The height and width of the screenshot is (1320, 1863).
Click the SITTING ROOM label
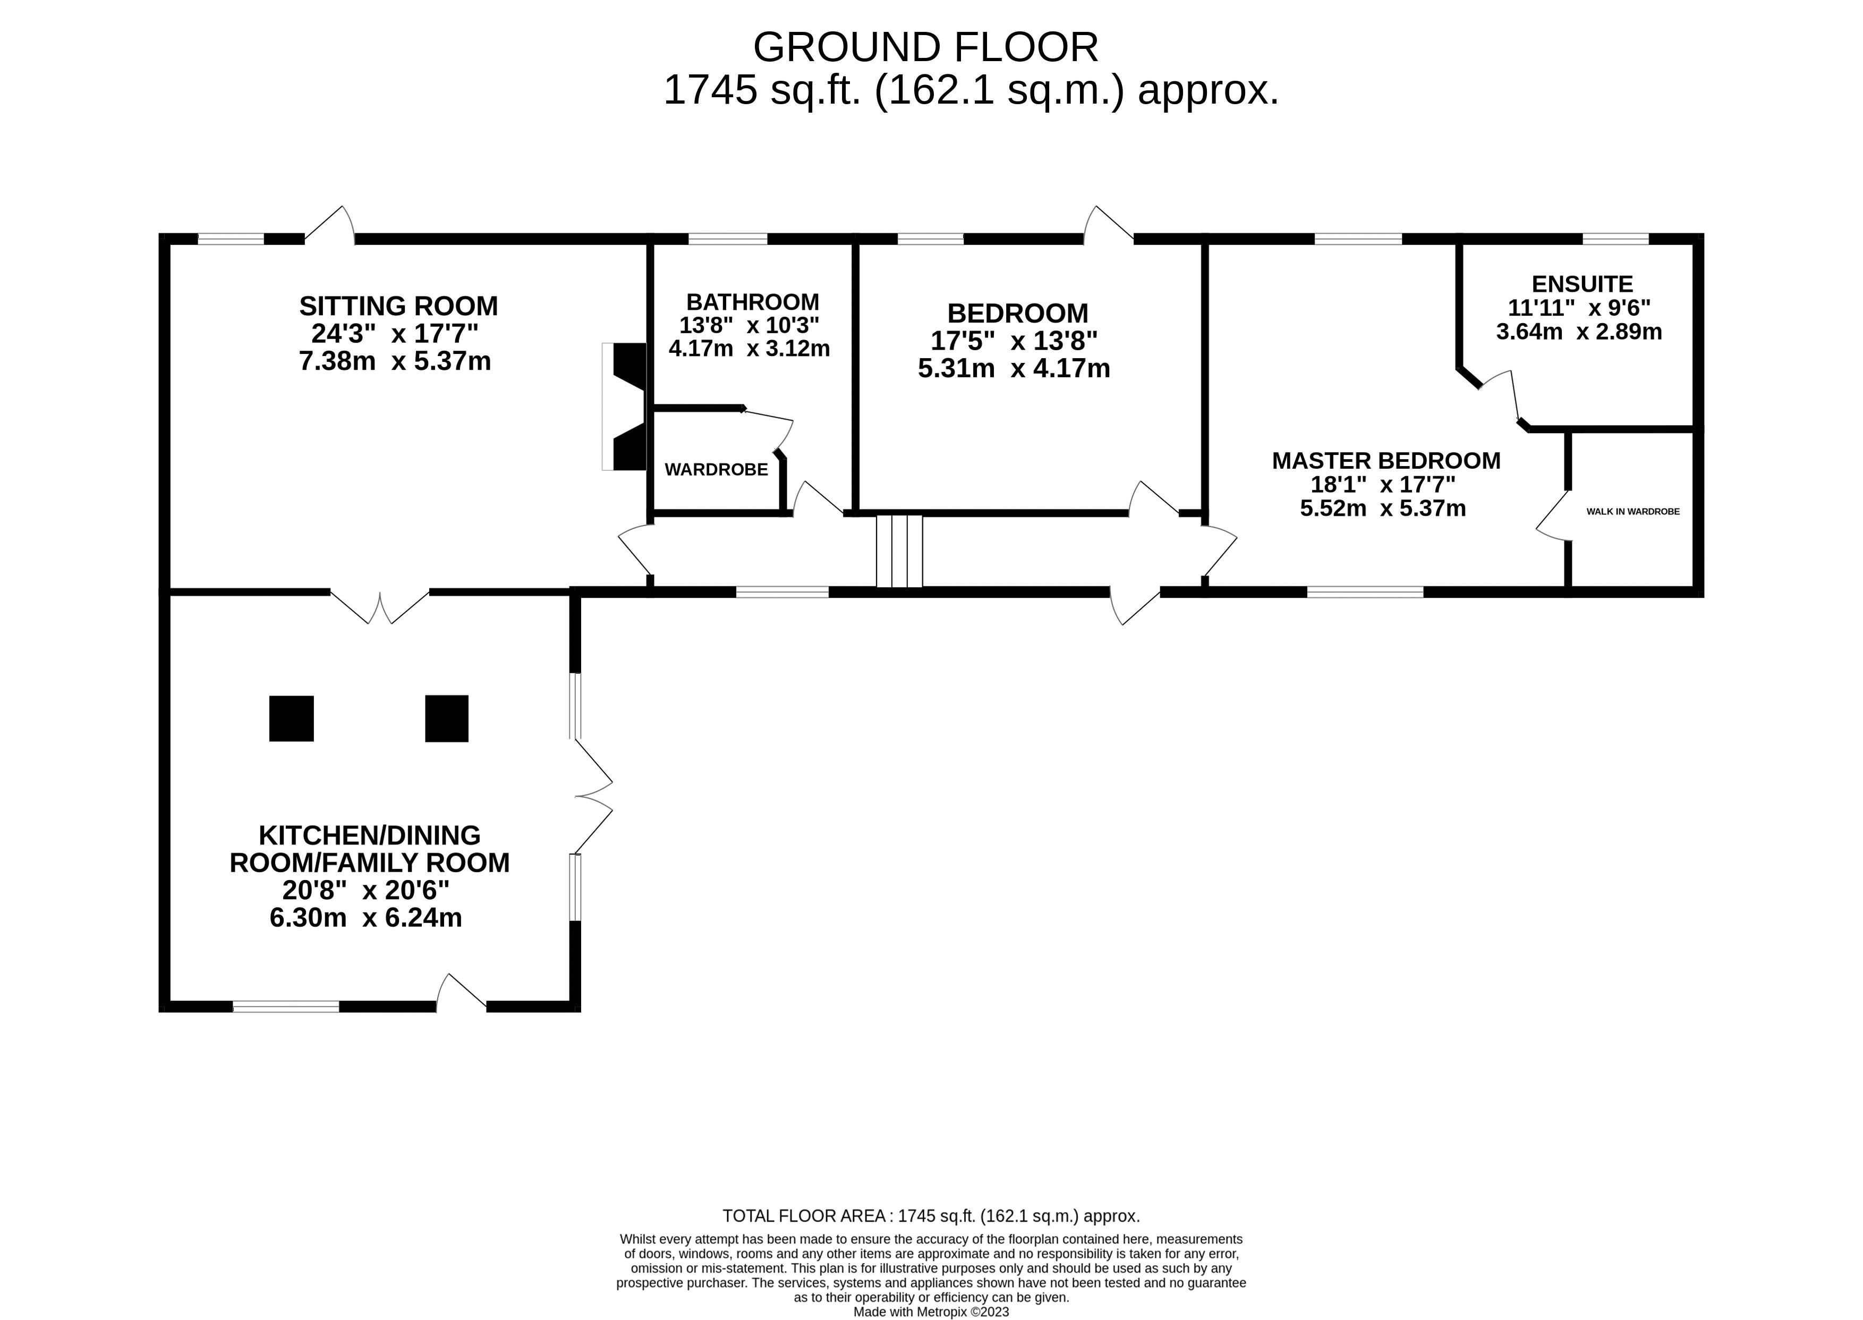398,307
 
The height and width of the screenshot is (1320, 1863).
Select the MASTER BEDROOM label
1386,461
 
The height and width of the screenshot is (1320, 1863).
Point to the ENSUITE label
1582,284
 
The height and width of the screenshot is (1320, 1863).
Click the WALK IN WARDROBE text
1633,511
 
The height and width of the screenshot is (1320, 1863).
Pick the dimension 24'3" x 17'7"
395,333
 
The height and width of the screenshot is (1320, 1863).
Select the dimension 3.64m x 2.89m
1579,332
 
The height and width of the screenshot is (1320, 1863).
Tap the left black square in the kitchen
292,718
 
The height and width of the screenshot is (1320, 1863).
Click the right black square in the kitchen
447,718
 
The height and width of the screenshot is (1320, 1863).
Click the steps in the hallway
899,551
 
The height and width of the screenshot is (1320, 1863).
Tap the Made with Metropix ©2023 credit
931,1312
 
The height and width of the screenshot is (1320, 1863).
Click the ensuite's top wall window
1615,239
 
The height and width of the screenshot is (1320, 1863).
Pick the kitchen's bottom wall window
286,1006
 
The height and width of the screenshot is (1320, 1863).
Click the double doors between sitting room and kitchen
379,606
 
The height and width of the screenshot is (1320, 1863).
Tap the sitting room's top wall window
231,239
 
